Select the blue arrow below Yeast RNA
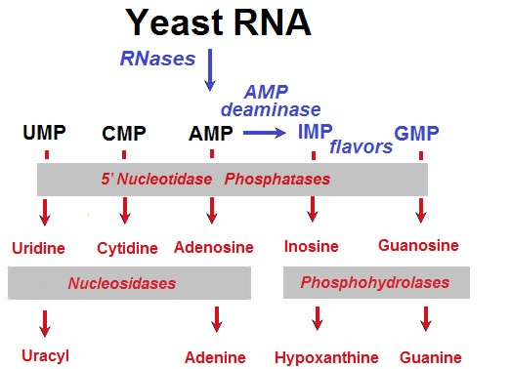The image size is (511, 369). pos(210,70)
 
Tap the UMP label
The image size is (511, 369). pos(45,131)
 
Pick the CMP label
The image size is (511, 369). pos(124,132)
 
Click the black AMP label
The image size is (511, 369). pos(211,131)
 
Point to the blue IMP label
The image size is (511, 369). pos(313,131)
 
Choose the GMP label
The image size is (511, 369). pos(416,132)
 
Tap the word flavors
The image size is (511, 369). pos(361,147)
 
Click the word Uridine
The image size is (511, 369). pos(39,248)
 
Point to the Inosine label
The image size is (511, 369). pos(311,248)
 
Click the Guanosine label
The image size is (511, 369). pos(418,247)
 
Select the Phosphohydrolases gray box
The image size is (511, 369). pos(376,283)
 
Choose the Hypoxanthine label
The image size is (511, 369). pos(319,355)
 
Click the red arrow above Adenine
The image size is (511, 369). pos(216,318)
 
